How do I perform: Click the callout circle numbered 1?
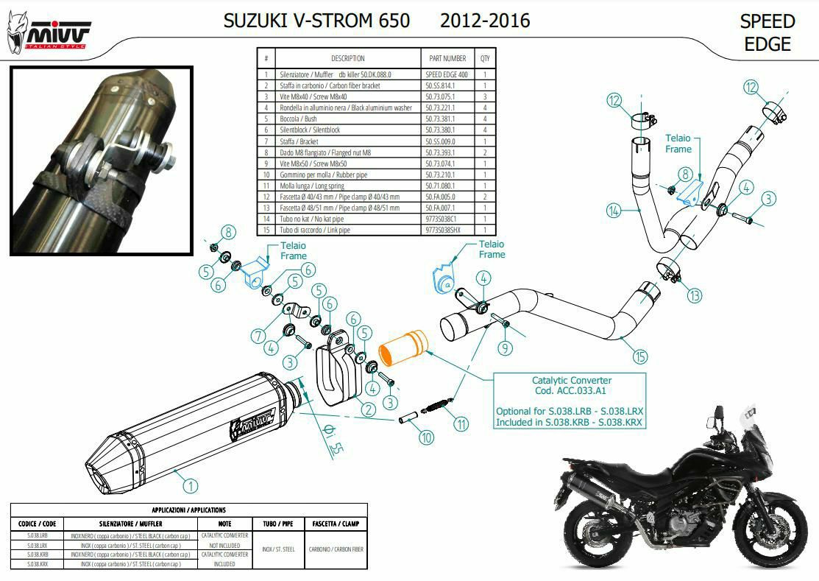[x=190, y=485]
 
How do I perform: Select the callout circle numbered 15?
[x=640, y=356]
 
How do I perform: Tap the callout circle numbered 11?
[x=461, y=423]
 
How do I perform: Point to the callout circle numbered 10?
[x=427, y=438]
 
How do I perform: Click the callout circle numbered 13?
[x=695, y=296]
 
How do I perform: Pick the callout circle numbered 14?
[x=613, y=211]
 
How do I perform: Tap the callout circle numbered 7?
[x=258, y=336]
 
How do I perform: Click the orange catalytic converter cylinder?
[x=403, y=348]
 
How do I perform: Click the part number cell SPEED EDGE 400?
[x=447, y=74]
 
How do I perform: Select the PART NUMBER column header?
[x=447, y=58]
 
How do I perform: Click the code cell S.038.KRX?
[x=38, y=563]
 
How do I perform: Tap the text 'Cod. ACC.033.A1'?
[x=568, y=392]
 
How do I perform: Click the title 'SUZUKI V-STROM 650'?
[x=316, y=21]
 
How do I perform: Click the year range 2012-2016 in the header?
[x=485, y=21]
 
